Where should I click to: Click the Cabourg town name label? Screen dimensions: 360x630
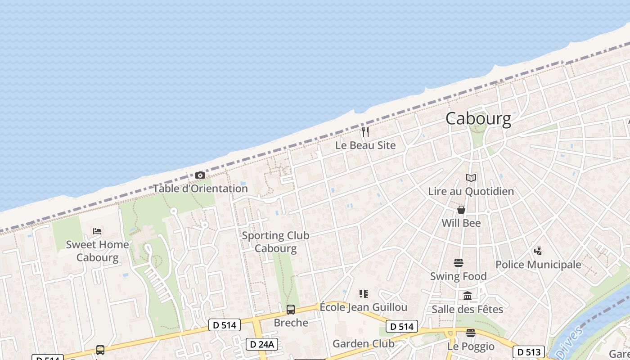click(478, 119)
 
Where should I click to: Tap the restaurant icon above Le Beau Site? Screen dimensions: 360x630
click(365, 132)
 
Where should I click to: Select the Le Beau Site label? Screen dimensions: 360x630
click(365, 145)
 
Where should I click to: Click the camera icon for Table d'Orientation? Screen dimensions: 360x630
click(200, 175)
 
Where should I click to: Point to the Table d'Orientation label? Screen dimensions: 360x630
click(200, 189)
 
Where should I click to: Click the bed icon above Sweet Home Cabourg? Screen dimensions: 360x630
click(97, 231)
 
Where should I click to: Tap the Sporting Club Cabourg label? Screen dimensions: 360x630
click(275, 242)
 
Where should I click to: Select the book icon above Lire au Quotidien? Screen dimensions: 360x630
click(471, 178)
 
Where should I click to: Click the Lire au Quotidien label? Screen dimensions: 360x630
click(471, 191)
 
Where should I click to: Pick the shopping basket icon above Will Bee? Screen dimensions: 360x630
click(461, 210)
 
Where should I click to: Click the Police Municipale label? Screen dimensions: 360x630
click(538, 265)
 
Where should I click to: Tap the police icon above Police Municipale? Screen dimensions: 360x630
click(538, 251)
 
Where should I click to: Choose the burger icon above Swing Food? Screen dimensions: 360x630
click(459, 263)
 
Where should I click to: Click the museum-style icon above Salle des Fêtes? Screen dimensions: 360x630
click(468, 296)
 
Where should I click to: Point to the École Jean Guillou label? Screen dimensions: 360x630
click(363, 307)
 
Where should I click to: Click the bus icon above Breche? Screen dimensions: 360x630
click(291, 310)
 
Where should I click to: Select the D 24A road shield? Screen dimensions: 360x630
click(262, 344)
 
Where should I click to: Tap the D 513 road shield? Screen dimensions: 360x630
click(529, 351)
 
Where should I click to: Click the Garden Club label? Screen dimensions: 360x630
click(363, 344)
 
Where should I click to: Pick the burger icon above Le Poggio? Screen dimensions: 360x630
click(471, 333)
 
